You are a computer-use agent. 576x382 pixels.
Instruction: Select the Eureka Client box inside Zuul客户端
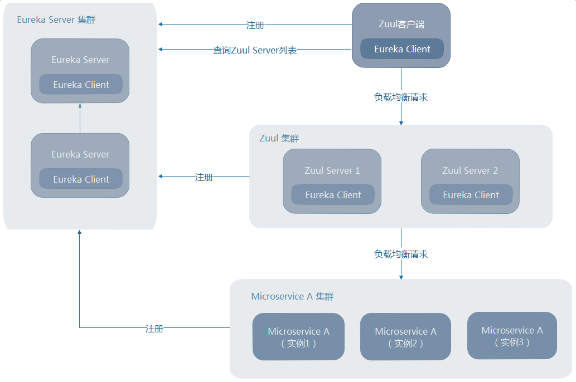(x=402, y=49)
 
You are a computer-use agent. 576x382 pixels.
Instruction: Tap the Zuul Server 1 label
(x=332, y=170)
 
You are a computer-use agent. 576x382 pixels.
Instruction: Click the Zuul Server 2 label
(x=470, y=170)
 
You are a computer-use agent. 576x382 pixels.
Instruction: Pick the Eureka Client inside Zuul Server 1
(x=333, y=195)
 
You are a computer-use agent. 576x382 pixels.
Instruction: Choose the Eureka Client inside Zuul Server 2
(x=471, y=195)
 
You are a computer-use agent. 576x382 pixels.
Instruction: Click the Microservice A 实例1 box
(x=298, y=337)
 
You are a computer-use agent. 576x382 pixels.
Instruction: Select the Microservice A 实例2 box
(x=405, y=337)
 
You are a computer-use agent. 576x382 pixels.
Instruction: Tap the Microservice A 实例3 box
(x=512, y=336)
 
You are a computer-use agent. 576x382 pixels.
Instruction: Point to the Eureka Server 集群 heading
(x=56, y=19)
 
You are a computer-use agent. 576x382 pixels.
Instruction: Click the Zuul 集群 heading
(x=279, y=138)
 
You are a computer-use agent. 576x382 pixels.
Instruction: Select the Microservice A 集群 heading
(x=292, y=296)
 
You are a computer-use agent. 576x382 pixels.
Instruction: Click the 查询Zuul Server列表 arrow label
(x=255, y=50)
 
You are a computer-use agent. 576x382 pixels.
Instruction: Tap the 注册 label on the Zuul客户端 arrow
(x=255, y=25)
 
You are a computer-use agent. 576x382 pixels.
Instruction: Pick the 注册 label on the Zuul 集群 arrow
(x=204, y=177)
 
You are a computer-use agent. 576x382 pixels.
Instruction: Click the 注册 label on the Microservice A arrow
(x=154, y=329)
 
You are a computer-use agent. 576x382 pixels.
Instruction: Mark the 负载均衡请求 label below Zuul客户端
(x=401, y=97)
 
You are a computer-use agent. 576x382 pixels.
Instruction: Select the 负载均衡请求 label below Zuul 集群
(x=401, y=254)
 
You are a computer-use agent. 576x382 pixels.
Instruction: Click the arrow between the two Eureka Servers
(x=80, y=118)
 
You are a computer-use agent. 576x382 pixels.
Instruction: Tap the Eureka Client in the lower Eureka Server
(x=81, y=179)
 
